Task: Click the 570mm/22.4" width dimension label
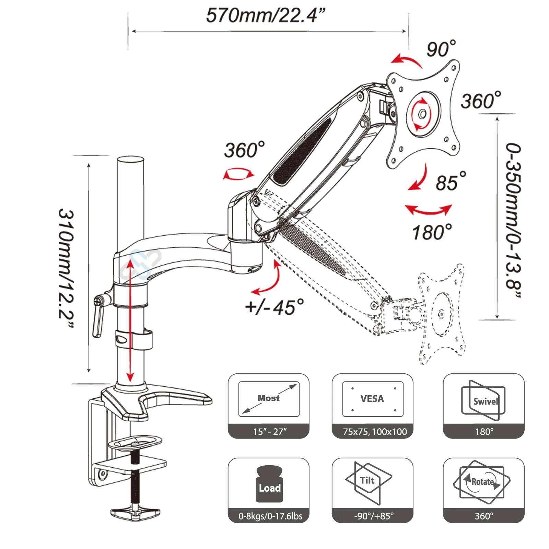tap(265, 15)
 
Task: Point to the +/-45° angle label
tap(274, 307)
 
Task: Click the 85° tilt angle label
tap(451, 182)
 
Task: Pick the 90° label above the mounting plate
tap(441, 49)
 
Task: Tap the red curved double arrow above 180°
tap(429, 210)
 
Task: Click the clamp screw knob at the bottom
tap(135, 513)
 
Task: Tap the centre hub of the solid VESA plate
tap(423, 114)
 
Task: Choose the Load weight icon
tap(269, 484)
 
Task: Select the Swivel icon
tap(484, 400)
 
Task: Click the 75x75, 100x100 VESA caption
tap(375, 432)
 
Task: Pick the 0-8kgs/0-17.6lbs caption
tap(270, 516)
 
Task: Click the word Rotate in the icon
tap(482, 482)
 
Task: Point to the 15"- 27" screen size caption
tap(270, 432)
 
